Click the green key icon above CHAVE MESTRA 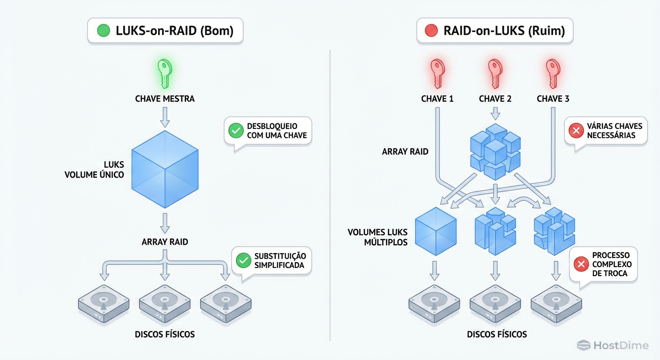tap(165, 74)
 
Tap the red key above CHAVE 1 tap(437, 74)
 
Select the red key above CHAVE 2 tap(495, 74)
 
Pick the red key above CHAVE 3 tap(553, 74)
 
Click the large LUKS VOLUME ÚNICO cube tap(165, 170)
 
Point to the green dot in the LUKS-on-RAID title tap(103, 31)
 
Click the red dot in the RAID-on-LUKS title tap(431, 31)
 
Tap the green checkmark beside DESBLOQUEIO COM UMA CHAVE tap(236, 131)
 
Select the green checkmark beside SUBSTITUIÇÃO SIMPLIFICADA tap(243, 261)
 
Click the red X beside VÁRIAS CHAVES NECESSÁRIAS tap(576, 131)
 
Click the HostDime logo tap(613, 346)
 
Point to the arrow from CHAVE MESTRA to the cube tap(165, 117)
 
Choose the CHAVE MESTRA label tap(165, 99)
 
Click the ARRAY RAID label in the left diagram tap(165, 242)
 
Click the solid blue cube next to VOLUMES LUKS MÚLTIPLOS tap(436, 232)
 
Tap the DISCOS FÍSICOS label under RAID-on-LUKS tap(497, 334)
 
